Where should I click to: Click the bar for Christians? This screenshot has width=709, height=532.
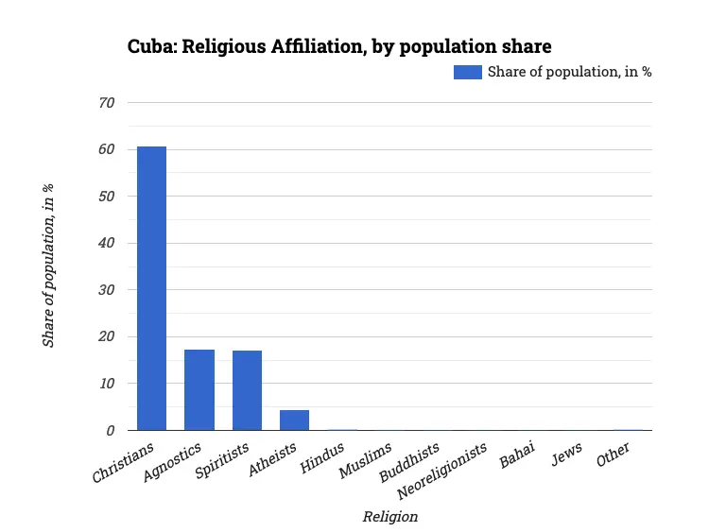pyautogui.click(x=151, y=288)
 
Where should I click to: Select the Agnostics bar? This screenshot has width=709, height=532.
pyautogui.click(x=199, y=389)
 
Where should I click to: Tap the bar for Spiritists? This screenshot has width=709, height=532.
pyautogui.click(x=247, y=390)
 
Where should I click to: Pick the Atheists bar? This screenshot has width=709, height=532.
pyautogui.click(x=294, y=420)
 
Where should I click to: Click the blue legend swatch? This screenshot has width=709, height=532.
pyautogui.click(x=468, y=72)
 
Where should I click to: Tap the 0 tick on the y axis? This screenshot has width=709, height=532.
pyautogui.click(x=111, y=430)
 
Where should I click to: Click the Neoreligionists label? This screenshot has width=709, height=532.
pyautogui.click(x=445, y=470)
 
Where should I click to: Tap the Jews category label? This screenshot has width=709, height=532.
pyautogui.click(x=567, y=453)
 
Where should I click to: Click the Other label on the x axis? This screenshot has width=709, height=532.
pyautogui.click(x=614, y=454)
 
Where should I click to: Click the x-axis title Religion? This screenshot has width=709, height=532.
pyautogui.click(x=389, y=516)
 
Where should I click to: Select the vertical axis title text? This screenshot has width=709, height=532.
pyautogui.click(x=48, y=266)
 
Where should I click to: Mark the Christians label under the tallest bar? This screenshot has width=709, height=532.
pyautogui.click(x=122, y=462)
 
